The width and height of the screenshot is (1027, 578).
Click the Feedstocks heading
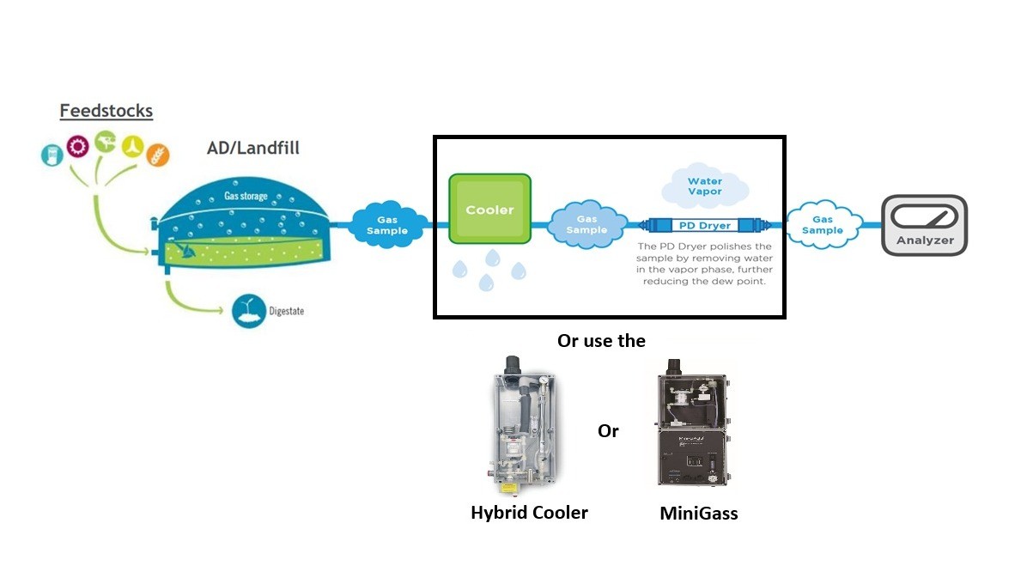pos(106,111)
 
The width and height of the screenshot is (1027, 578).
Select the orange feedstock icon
pos(158,154)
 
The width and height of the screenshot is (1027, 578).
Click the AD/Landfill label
pos(253,148)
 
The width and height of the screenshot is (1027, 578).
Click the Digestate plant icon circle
pos(246,311)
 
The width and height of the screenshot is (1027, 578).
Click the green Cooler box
pos(489,210)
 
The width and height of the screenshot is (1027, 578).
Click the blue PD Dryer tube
pos(703,226)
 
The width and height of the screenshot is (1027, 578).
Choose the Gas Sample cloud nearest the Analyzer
pos(822,225)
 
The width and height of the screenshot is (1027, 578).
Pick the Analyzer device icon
pos(924,225)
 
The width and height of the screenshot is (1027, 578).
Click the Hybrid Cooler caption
pos(529,513)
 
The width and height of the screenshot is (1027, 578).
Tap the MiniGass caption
pos(698,514)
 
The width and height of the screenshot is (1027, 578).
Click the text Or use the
pos(601,341)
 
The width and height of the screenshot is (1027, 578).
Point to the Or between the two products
pos(608,431)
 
